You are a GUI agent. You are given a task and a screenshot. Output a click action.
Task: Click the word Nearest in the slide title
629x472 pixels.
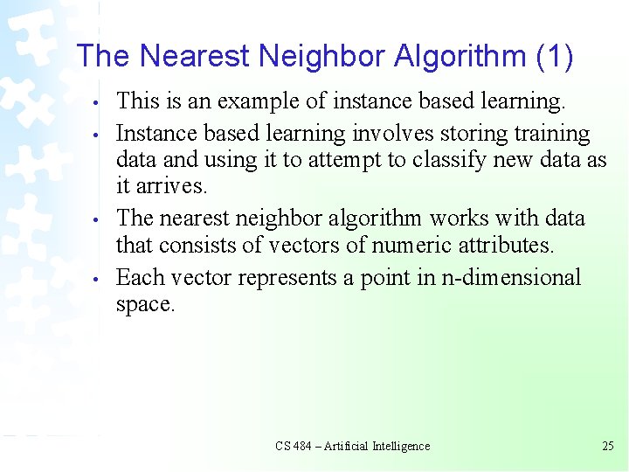pyautogui.click(x=193, y=57)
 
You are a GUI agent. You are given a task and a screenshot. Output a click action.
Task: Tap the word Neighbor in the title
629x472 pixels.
pyautogui.click(x=317, y=57)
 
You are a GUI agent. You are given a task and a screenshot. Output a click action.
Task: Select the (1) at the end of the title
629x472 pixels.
pyautogui.click(x=553, y=57)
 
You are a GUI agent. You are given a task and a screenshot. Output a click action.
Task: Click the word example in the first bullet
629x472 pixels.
pyautogui.click(x=258, y=102)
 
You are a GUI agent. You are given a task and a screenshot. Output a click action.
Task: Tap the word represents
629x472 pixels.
pyautogui.click(x=284, y=278)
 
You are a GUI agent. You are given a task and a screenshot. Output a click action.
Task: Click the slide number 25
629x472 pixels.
pyautogui.click(x=608, y=446)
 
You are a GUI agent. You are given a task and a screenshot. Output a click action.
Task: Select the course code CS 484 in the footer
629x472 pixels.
pyautogui.click(x=294, y=446)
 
